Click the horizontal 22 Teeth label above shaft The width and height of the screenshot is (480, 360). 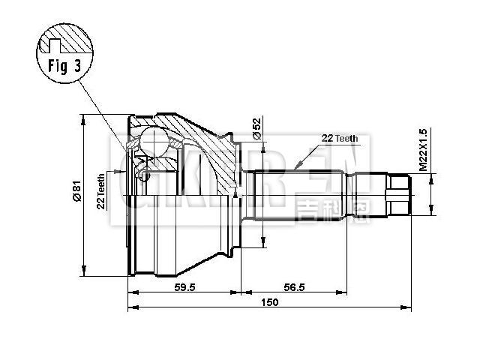340,139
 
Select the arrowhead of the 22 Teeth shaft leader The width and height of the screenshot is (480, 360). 297,166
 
